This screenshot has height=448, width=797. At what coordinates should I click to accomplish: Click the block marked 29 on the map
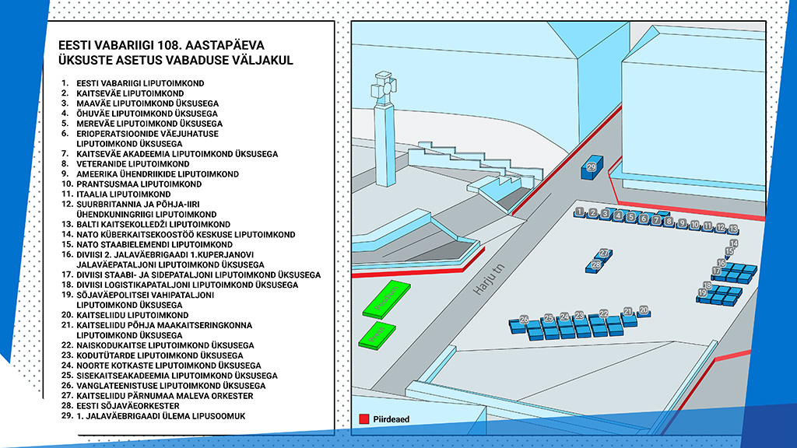click(592, 167)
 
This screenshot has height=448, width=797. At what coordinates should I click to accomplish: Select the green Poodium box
click(386, 299)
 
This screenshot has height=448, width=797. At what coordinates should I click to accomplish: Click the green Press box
click(375, 335)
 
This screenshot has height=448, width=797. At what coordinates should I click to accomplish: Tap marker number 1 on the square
click(579, 212)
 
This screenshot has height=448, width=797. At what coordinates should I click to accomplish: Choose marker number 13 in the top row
click(733, 229)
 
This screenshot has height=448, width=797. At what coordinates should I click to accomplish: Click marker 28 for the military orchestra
click(596, 265)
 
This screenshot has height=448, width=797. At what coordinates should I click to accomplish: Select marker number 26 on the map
click(524, 320)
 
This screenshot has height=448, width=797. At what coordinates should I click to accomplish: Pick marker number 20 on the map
click(644, 310)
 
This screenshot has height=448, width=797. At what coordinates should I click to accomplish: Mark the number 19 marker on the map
click(702, 292)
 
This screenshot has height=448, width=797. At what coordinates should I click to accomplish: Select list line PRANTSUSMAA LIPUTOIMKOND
click(139, 184)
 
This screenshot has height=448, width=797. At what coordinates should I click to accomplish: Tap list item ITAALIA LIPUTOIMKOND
click(124, 194)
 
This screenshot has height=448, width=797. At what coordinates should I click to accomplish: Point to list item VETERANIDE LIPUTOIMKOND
click(133, 164)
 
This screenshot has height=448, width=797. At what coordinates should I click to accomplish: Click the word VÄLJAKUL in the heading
click(265, 60)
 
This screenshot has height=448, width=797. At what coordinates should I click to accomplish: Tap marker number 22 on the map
click(603, 313)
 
